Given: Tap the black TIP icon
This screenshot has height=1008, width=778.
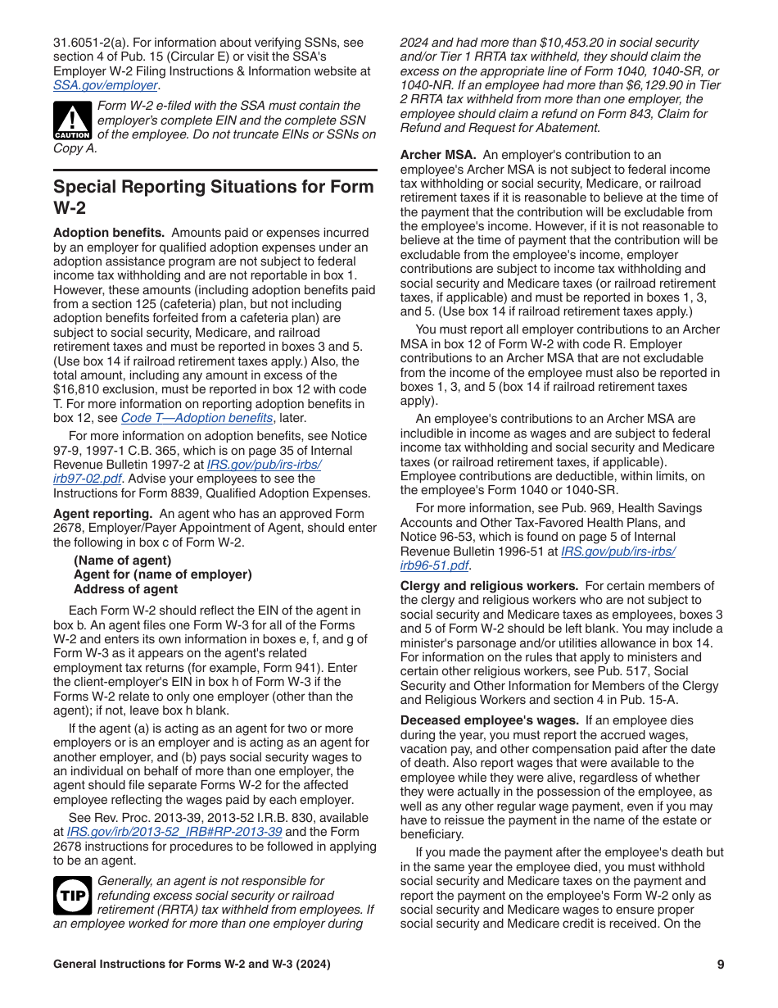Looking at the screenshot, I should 72,895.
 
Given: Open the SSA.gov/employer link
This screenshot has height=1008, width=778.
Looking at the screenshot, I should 106,85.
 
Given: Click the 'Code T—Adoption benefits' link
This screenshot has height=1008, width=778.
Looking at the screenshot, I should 197,418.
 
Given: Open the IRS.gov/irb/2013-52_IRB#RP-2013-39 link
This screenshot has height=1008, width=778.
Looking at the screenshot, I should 189,832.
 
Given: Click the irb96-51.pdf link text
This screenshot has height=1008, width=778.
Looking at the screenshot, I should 434,565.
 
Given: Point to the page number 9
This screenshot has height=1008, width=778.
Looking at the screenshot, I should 720,965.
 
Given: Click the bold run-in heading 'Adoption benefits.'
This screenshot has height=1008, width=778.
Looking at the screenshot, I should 108,234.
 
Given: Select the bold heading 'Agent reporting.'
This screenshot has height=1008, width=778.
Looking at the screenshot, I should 102,514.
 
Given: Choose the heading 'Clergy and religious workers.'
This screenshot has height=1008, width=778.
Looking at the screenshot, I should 489,586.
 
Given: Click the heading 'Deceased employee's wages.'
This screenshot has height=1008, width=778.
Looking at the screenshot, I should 489,720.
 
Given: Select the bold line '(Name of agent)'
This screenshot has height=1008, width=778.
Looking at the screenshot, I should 123,561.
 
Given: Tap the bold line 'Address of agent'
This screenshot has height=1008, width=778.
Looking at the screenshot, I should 125,589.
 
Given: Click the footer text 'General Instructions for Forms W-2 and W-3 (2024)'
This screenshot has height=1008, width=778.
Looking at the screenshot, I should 192,965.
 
